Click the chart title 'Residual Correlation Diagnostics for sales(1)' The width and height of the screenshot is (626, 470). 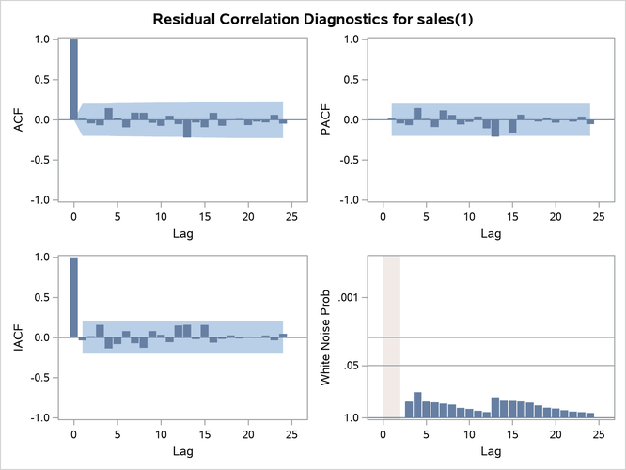pos(312,18)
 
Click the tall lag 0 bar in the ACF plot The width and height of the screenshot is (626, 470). pos(74,80)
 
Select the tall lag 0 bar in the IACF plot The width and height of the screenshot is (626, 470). pos(74,297)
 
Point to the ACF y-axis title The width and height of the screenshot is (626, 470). pos(16,119)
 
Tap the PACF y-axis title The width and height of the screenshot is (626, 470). pos(324,119)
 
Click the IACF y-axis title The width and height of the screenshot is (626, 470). pos(16,337)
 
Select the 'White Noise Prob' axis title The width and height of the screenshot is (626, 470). pos(326,337)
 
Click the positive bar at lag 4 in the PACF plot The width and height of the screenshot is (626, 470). pos(417,114)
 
